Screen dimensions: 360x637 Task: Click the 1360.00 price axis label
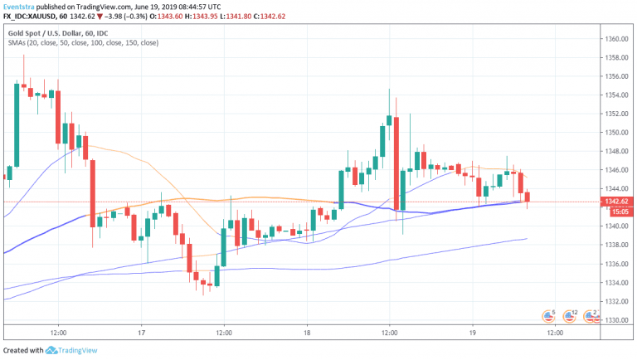(x=615, y=39)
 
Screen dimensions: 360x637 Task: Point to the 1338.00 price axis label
(x=615, y=245)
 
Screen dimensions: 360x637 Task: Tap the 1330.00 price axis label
(x=615, y=319)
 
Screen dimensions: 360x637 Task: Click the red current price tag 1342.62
(x=616, y=202)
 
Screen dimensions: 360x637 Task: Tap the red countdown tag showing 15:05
(x=616, y=212)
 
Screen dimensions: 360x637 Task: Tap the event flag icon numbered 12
(x=570, y=315)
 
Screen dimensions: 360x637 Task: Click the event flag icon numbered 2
(x=591, y=315)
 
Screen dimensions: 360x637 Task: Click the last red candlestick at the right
(x=528, y=197)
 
